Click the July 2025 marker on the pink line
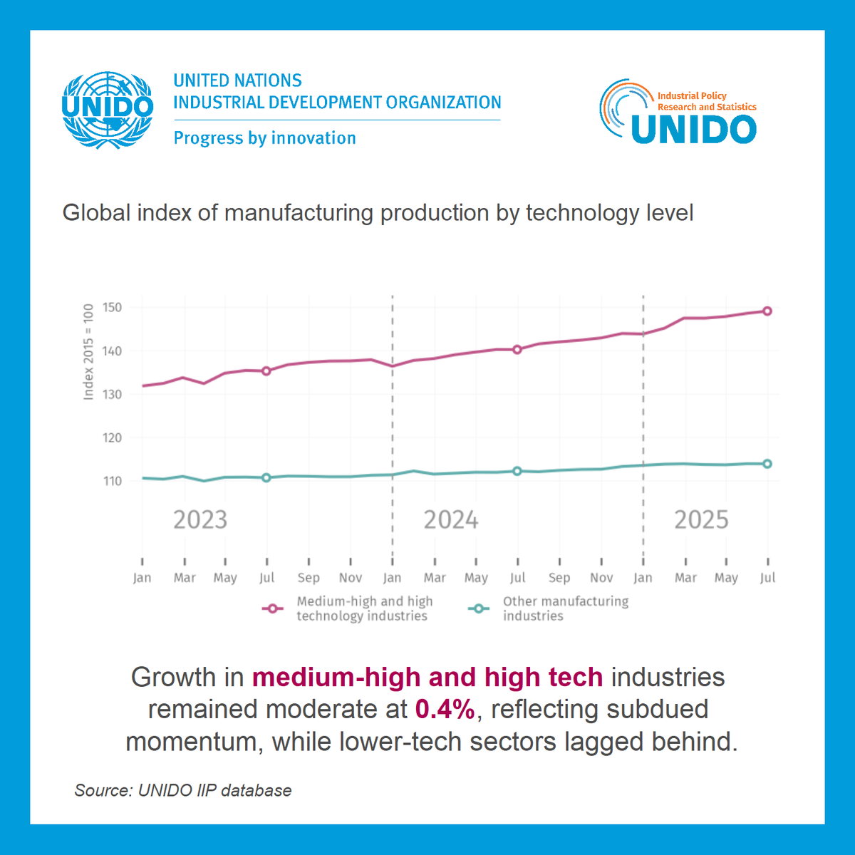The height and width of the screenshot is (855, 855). [767, 311]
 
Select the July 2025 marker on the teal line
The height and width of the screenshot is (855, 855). [767, 464]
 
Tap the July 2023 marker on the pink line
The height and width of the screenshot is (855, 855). [266, 370]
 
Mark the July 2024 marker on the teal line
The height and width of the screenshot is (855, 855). [517, 471]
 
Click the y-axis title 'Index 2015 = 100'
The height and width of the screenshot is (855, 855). [89, 352]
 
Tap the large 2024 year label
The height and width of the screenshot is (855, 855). [450, 520]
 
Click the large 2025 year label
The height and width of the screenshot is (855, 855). [701, 520]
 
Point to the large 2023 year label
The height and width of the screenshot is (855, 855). [200, 520]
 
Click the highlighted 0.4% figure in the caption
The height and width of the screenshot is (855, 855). [445, 710]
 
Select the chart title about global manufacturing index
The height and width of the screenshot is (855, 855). [378, 213]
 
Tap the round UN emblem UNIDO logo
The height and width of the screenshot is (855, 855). [108, 110]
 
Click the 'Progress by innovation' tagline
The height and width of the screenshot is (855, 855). [264, 138]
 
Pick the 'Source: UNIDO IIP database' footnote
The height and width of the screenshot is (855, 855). [183, 790]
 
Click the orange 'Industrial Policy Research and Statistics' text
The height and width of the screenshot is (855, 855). [705, 101]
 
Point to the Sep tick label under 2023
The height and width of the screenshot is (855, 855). [309, 578]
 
